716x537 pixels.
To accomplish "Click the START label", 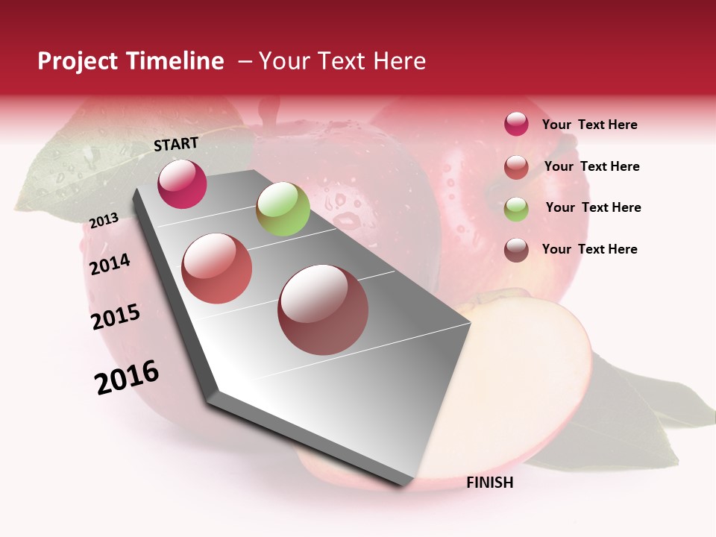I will point(176,144).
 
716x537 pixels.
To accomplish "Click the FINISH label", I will point(489,483).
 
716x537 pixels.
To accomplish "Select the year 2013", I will point(104,221).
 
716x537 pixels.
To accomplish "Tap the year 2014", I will point(110,264).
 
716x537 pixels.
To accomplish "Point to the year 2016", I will point(127,377).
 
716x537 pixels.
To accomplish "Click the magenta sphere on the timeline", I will point(182,183).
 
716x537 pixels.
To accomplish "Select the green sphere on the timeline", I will point(283,209).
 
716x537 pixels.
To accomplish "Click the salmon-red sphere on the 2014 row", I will point(216,268).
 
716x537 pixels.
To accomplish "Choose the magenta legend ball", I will point(516,124).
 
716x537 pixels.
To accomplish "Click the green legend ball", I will point(516,208).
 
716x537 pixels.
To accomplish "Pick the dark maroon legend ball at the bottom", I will point(516,250).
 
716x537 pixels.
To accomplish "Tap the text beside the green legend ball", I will point(593,207).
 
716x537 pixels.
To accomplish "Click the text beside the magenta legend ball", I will point(589,125).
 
